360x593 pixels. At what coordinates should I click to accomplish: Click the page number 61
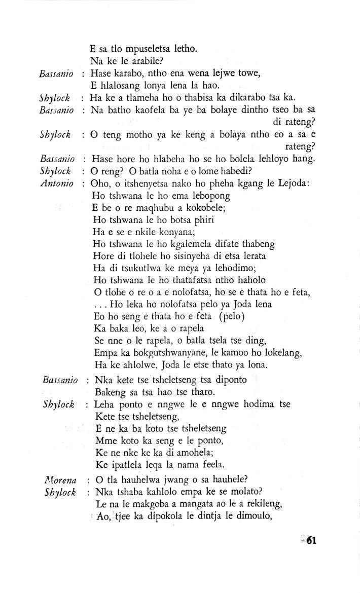(x=310, y=540)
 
